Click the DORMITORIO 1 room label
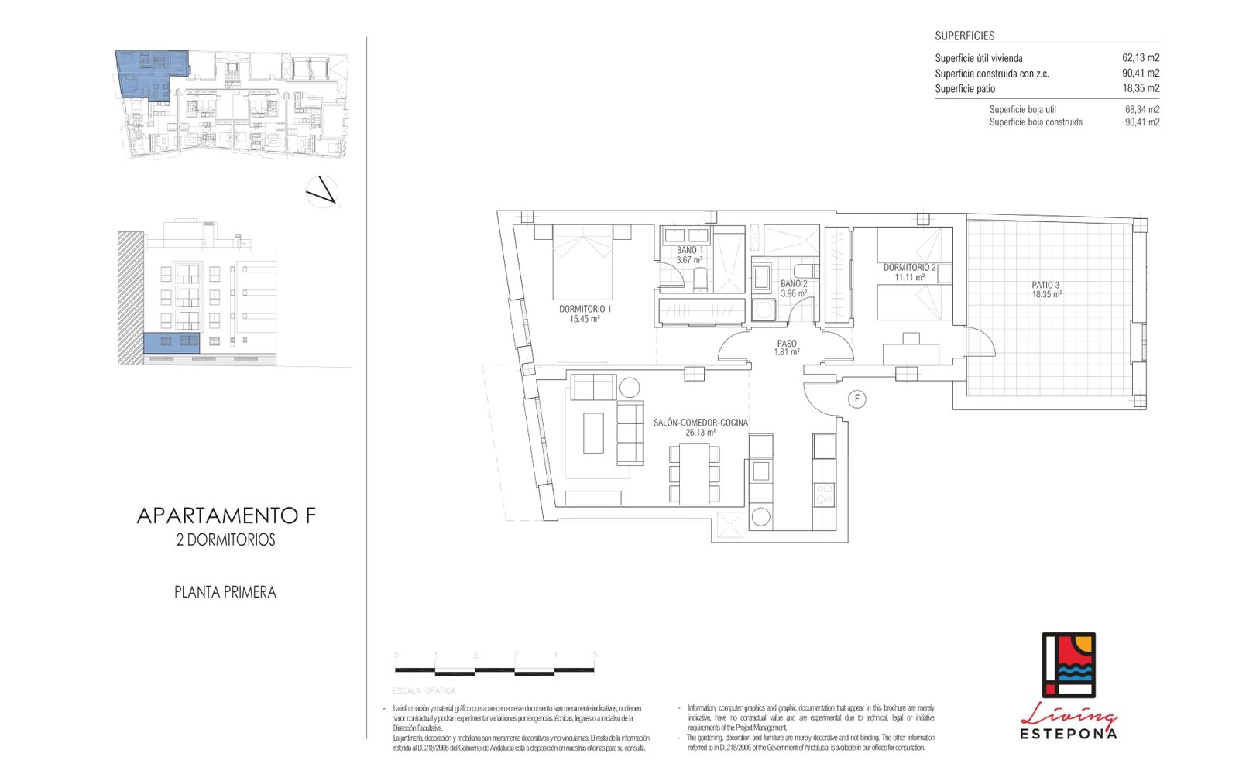585,309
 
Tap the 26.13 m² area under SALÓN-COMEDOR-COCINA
700,433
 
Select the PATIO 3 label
1045,285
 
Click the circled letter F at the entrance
856,399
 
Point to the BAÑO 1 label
689,250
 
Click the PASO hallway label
787,344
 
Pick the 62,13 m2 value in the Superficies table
1140,58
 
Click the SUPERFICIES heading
964,36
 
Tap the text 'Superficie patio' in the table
964,89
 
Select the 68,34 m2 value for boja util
1141,110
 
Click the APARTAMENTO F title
226,515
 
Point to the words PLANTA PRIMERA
225,592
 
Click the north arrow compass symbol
322,192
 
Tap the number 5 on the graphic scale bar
595,655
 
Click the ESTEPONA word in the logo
1068,733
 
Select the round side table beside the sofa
630,387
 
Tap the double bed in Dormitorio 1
582,263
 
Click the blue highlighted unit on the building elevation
171,343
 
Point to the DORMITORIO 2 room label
909,267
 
